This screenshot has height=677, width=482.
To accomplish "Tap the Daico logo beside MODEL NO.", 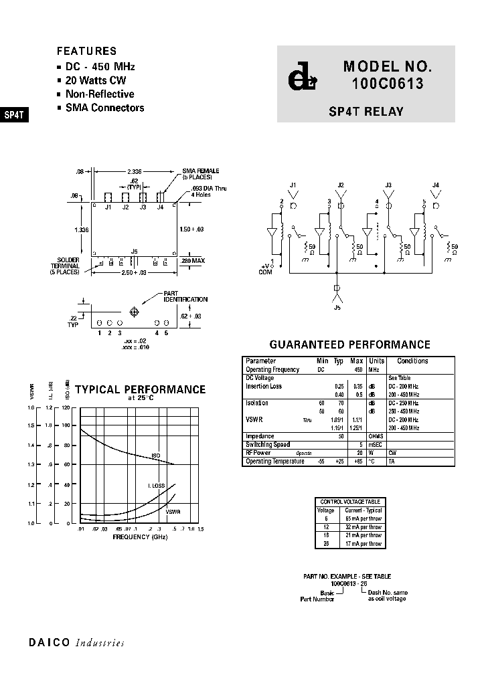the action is (x=301, y=78).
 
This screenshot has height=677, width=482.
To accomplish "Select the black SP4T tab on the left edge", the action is (x=14, y=114).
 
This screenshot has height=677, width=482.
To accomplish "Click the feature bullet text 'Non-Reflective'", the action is (x=99, y=94).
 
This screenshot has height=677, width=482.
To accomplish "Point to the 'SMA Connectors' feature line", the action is (x=104, y=108).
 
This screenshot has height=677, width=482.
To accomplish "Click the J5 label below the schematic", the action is (x=337, y=309).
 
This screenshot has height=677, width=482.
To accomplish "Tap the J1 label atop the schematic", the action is (x=293, y=185).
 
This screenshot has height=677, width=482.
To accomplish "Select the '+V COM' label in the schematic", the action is (x=266, y=269).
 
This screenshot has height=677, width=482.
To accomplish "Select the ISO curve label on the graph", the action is (x=156, y=456).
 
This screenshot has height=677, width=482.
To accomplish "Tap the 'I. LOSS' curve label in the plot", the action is (x=157, y=485).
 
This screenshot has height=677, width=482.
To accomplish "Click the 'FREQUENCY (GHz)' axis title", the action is (x=140, y=537).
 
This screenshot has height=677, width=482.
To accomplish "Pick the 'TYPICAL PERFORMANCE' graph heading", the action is (x=140, y=389).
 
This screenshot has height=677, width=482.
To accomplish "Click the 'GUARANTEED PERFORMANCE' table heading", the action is (x=349, y=345).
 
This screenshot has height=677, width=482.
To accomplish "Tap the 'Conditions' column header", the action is (x=412, y=361).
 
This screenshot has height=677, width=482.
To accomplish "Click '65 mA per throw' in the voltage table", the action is (x=363, y=518).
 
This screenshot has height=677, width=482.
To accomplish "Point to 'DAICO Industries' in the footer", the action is (x=76, y=643).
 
